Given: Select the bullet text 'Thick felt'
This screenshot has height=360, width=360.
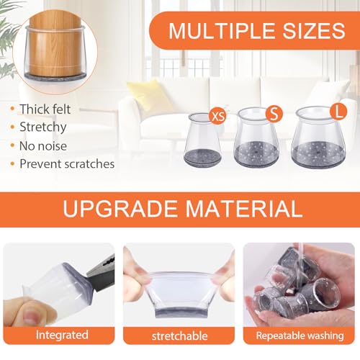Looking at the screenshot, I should click(x=47, y=109).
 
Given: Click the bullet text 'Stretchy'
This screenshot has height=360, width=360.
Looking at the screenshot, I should click(x=43, y=127).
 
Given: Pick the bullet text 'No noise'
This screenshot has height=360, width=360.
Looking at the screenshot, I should click(x=44, y=145).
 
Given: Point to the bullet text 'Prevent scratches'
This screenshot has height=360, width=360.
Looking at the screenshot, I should click(x=67, y=163).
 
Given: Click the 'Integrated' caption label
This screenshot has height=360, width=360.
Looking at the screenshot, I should click(x=62, y=335).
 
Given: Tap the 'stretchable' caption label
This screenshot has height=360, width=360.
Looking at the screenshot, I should click(x=180, y=336).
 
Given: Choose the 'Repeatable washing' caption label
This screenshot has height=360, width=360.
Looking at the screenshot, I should click(x=300, y=336).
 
